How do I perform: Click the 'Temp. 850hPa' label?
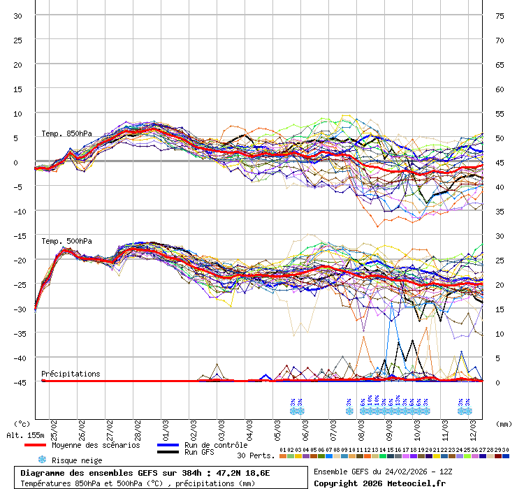coord(66,133)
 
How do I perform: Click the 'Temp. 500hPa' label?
coord(66,241)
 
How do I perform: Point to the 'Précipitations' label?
coord(71,374)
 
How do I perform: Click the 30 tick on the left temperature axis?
coord(17,15)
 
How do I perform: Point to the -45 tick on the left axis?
coord(17,382)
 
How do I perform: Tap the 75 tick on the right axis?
coord(500,15)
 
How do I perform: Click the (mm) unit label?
coord(504,423)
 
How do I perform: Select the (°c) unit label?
coord(22,423)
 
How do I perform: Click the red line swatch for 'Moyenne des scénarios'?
coord(35,445)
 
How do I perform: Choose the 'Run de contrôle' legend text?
coord(216,445)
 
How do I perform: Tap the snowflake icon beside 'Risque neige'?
coord(42,460)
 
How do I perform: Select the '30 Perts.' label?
coord(256,455)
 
